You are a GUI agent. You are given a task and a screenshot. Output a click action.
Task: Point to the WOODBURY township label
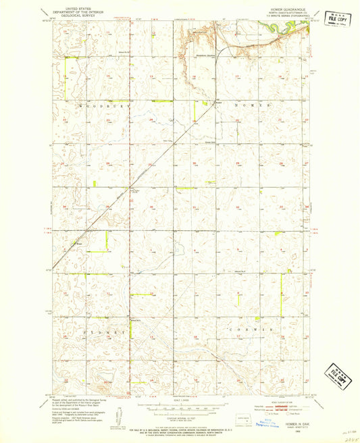coord(93,106)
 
